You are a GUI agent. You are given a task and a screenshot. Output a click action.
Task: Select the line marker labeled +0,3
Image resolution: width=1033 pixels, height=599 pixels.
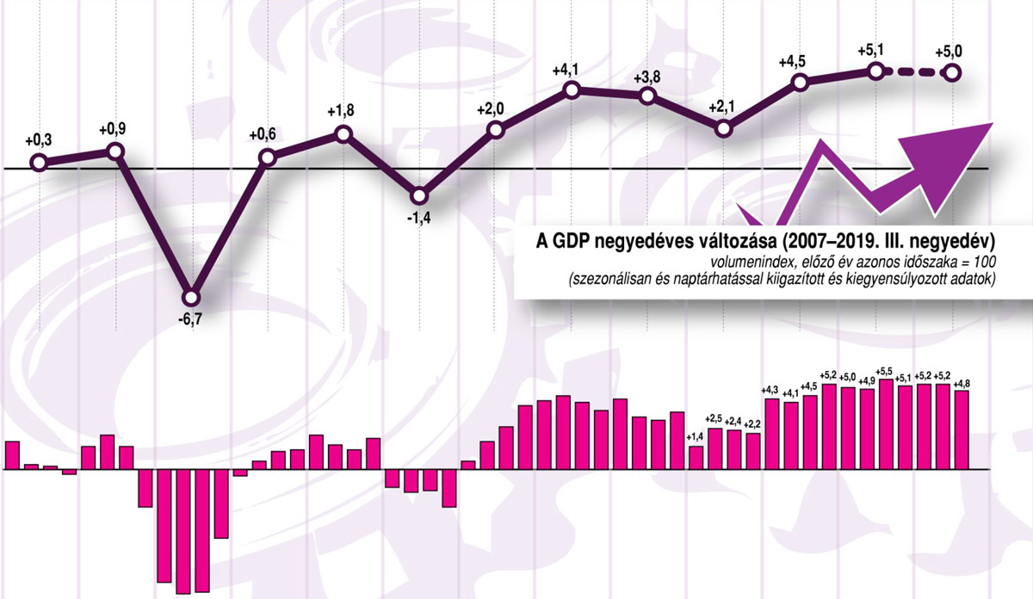(38, 162)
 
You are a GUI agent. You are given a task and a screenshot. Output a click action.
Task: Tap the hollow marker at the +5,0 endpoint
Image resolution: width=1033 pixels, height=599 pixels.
(952, 73)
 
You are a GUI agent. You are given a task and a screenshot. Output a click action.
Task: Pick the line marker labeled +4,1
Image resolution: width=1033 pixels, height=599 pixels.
(572, 90)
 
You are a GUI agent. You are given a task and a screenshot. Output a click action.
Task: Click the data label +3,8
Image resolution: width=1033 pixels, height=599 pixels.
(647, 76)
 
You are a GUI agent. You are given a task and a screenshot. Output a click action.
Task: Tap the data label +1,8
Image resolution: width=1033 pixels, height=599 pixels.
(343, 114)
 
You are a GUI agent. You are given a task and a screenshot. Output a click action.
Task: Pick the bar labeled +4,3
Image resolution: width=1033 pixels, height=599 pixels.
(771, 434)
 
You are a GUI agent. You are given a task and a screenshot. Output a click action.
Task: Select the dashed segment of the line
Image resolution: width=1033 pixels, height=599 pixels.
(913, 72)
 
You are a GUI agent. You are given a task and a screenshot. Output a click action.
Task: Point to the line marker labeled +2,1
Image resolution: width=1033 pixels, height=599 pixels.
(724, 128)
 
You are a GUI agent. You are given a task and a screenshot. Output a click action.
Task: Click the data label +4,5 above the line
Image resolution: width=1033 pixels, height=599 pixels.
(798, 62)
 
